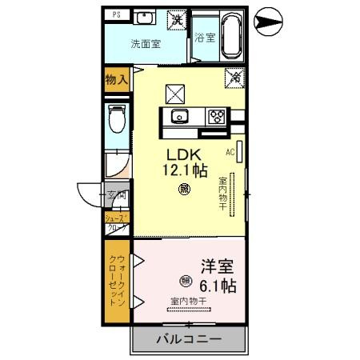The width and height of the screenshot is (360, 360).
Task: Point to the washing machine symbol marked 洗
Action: point(174,18)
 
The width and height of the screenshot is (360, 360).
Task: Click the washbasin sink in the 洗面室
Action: point(145,18)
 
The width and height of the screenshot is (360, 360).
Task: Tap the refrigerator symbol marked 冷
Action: point(236,78)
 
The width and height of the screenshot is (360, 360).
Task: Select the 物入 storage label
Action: point(117,78)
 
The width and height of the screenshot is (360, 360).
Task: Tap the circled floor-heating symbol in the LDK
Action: point(185,190)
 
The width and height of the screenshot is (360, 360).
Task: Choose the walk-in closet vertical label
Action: point(117,280)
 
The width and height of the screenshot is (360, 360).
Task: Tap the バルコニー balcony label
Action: point(187,339)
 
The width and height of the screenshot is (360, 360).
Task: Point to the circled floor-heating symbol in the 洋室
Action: point(185,281)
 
